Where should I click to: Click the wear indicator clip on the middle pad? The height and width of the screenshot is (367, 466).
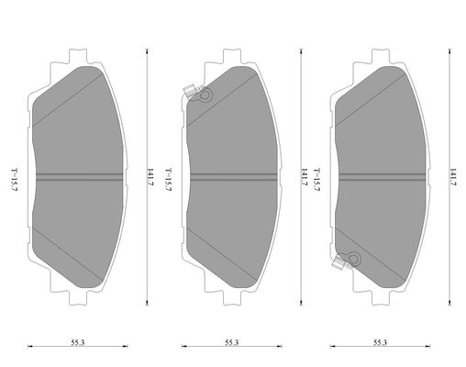[x=197, y=93]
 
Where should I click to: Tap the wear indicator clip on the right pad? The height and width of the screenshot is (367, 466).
[x=347, y=261]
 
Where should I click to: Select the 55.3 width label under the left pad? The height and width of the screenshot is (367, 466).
[x=78, y=342]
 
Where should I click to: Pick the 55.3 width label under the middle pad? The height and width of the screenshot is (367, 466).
[x=232, y=342]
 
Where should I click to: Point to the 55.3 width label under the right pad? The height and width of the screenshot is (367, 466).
[x=380, y=342]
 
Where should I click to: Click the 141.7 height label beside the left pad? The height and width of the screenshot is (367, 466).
[x=150, y=177]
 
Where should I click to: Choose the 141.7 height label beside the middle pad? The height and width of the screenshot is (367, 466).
[x=305, y=177]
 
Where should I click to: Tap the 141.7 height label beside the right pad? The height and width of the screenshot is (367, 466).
[x=453, y=177]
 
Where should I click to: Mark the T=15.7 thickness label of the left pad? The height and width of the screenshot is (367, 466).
[x=15, y=180]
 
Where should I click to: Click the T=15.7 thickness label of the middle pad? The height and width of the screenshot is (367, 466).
[x=169, y=180]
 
